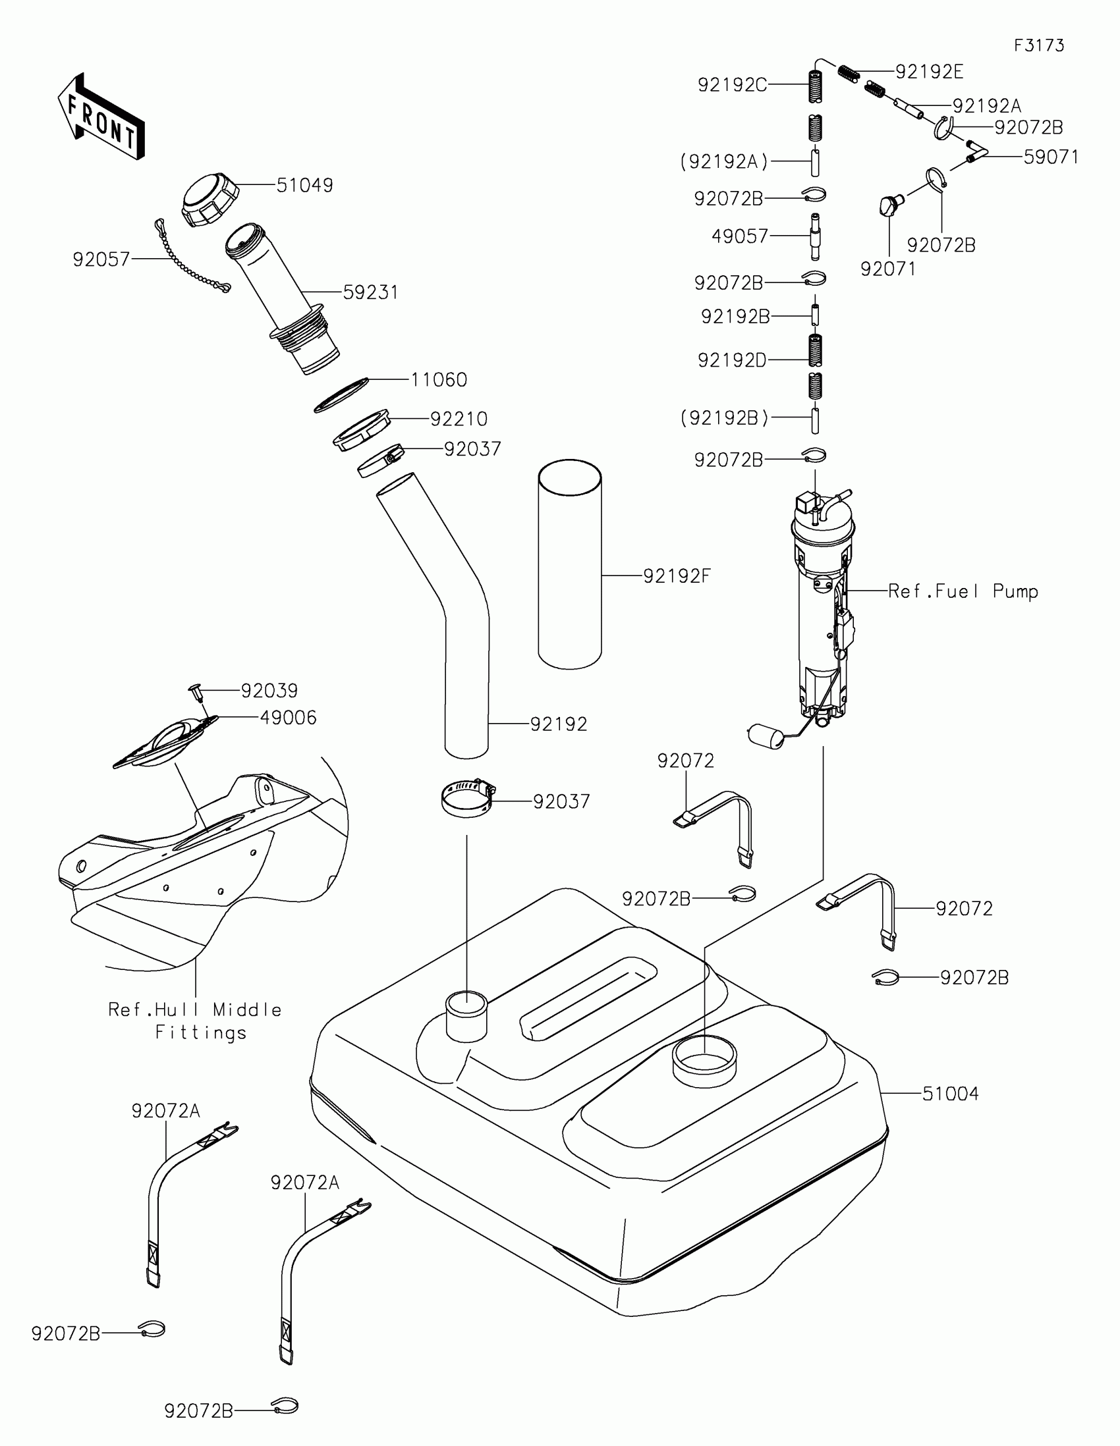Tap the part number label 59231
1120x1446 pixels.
click(x=370, y=292)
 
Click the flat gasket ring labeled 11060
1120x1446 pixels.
click(x=341, y=395)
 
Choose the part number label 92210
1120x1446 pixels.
click(x=459, y=419)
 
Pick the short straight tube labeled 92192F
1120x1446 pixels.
click(x=570, y=564)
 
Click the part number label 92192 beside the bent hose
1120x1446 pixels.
click(x=558, y=724)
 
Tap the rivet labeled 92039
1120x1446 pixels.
click(x=196, y=693)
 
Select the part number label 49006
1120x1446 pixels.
click(x=288, y=718)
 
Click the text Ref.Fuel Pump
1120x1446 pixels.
click(x=963, y=591)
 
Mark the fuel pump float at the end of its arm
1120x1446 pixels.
click(x=764, y=734)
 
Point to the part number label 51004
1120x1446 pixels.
click(x=950, y=1094)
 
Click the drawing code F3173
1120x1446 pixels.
click(x=1038, y=45)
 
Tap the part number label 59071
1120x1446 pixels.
click(x=1050, y=157)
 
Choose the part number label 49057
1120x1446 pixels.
click(x=739, y=236)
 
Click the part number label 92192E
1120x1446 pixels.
click(x=928, y=72)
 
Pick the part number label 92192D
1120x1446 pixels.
click(x=731, y=360)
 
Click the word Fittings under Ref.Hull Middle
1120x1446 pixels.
click(x=201, y=1033)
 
